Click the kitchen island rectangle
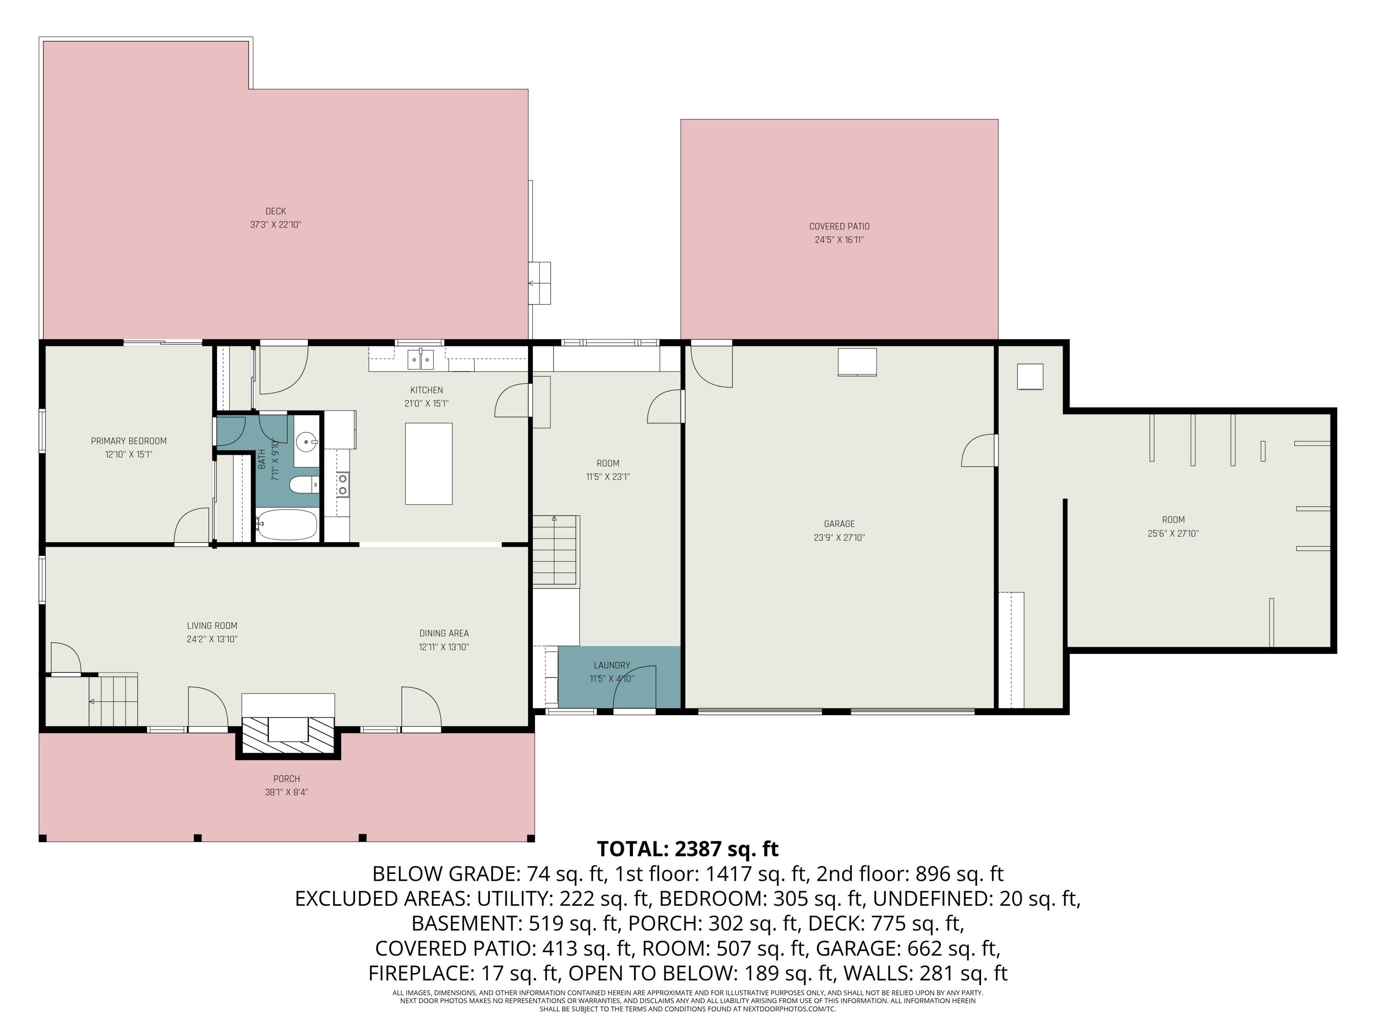pyautogui.click(x=428, y=463)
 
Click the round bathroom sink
pyautogui.click(x=306, y=442)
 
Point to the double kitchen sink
pyautogui.click(x=421, y=360)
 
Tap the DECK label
pyautogui.click(x=276, y=211)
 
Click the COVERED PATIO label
pyautogui.click(x=839, y=227)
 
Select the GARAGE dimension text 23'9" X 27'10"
pyautogui.click(x=839, y=538)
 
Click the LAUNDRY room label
pyautogui.click(x=611, y=665)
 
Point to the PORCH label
pyautogui.click(x=286, y=779)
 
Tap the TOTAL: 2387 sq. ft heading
pyautogui.click(x=688, y=849)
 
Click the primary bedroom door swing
pyautogui.click(x=193, y=527)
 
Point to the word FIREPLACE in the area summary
pyautogui.click(x=411, y=973)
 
